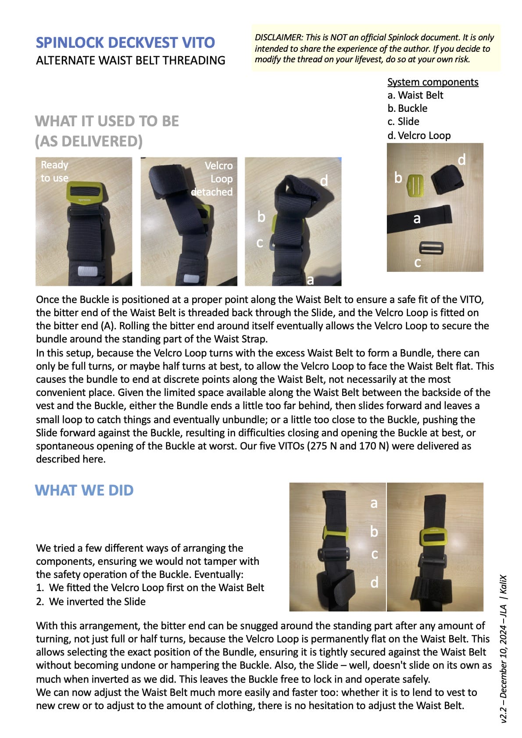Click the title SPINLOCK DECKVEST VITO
tap(125, 43)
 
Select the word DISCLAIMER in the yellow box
tap(279, 38)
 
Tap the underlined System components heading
tap(433, 82)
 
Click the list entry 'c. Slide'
tap(404, 121)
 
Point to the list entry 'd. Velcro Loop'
tap(419, 135)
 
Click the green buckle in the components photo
tap(415, 186)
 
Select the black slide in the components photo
tap(431, 248)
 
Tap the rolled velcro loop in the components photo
tap(447, 178)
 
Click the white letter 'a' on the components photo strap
tap(417, 219)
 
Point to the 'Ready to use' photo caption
tap(54, 171)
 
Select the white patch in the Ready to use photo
tap(88, 271)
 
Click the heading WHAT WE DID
tap(84, 490)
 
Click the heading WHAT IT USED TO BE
tap(107, 121)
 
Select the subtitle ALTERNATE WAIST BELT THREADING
tap(131, 61)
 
